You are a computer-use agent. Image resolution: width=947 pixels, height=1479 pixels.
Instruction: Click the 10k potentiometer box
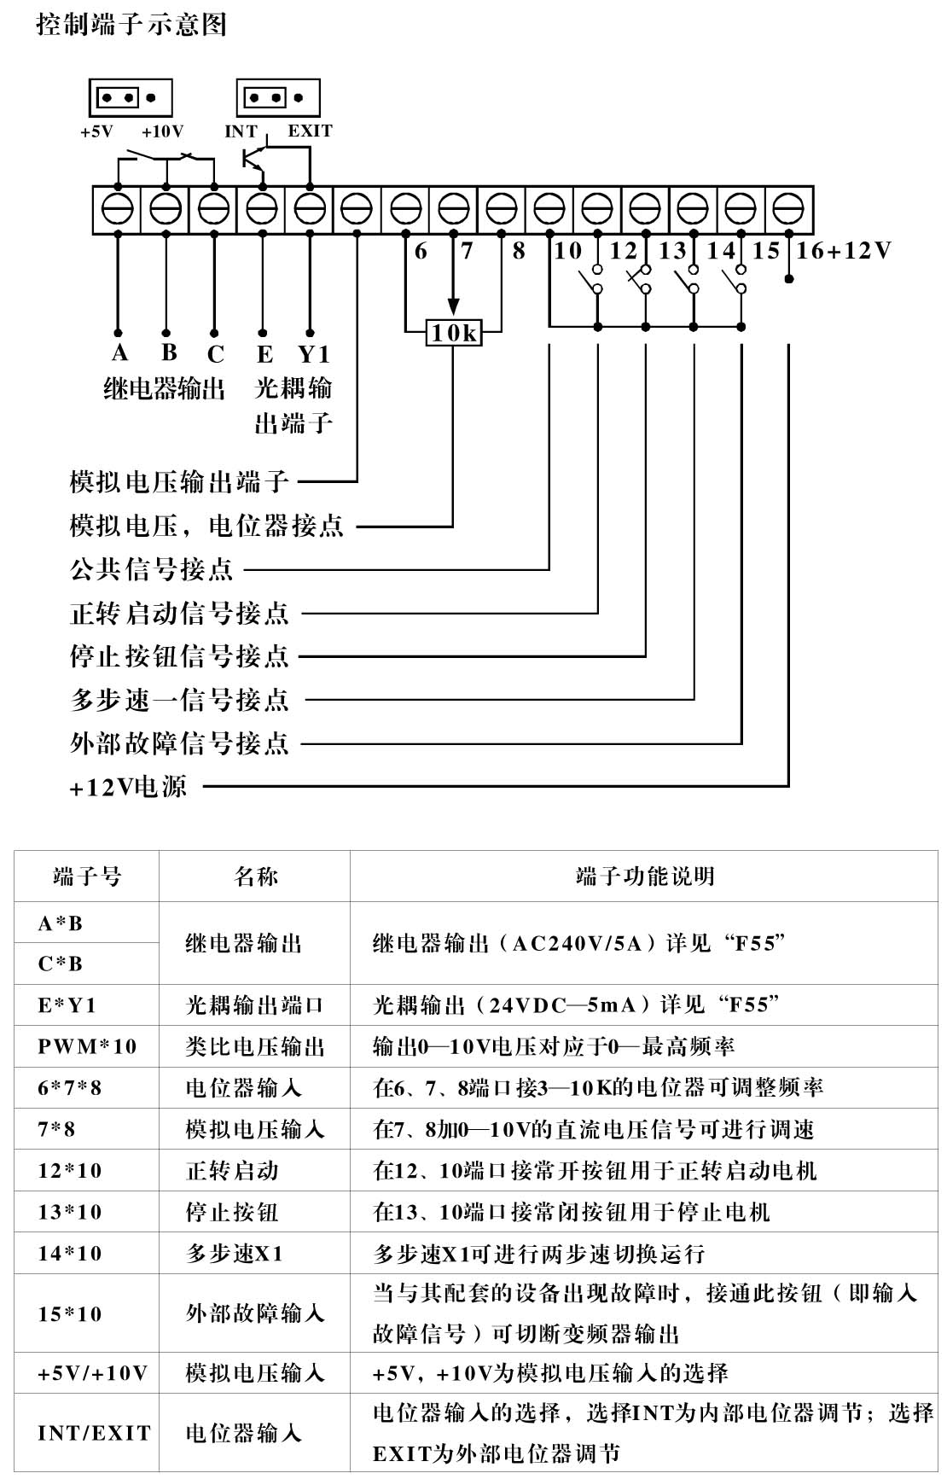click(453, 333)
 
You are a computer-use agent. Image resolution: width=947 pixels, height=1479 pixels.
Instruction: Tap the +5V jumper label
click(96, 131)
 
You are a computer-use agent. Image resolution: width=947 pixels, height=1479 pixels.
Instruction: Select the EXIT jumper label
click(310, 131)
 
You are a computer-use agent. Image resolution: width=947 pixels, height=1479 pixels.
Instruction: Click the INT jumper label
click(241, 131)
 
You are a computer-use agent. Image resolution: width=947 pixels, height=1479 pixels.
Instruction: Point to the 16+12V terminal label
click(843, 251)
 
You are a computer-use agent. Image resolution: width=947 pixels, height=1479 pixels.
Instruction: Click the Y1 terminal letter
click(313, 354)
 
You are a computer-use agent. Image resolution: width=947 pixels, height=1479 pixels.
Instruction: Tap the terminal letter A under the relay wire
click(119, 353)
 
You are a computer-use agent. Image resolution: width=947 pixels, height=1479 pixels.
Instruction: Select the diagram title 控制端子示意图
click(131, 25)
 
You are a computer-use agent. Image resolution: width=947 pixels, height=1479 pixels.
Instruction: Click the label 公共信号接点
click(152, 569)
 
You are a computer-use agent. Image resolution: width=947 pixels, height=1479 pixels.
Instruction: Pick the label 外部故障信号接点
click(180, 743)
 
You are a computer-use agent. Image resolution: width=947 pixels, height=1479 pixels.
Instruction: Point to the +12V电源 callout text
click(128, 787)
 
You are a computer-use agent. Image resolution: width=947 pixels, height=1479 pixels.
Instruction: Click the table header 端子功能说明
click(645, 876)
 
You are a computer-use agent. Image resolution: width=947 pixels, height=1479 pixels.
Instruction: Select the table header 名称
click(255, 876)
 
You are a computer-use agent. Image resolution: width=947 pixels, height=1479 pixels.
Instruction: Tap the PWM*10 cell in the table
click(87, 1046)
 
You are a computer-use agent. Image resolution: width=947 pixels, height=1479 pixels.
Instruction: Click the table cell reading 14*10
click(70, 1254)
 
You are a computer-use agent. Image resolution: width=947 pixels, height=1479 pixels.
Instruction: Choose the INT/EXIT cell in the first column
click(94, 1433)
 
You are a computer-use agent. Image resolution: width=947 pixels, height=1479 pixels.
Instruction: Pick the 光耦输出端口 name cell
click(255, 1005)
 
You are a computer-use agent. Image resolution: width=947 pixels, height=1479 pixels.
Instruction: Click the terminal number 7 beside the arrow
click(467, 251)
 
